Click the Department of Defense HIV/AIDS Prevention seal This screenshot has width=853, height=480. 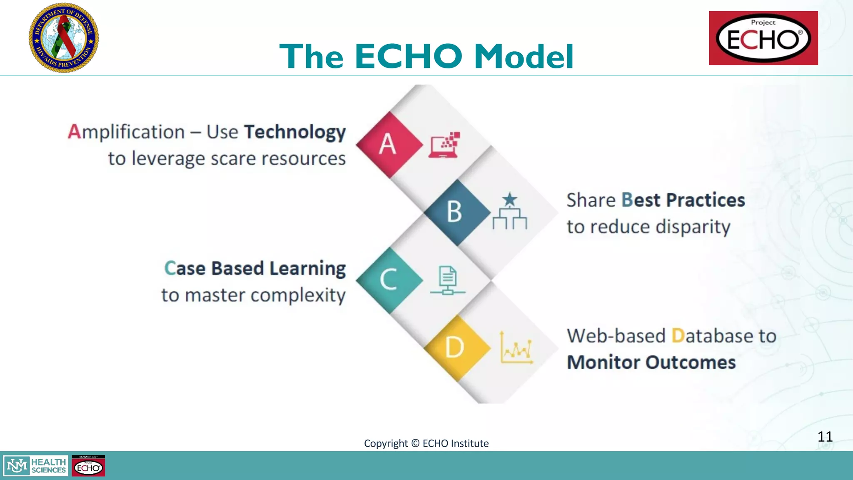point(64,37)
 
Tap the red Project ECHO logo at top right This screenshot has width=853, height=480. point(763,38)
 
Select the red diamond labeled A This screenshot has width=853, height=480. point(389,145)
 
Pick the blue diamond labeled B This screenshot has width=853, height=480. point(456,212)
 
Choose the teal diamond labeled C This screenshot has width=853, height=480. point(389,280)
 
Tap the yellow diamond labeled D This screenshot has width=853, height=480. point(456,347)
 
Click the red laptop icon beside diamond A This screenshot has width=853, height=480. point(444,145)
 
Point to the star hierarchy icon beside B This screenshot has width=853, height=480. point(509,211)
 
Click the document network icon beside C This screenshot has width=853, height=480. point(448,280)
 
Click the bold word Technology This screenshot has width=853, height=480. point(294,132)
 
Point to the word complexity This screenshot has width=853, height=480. point(298,295)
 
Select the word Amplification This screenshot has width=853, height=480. point(126,132)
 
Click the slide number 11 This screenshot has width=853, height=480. point(825,436)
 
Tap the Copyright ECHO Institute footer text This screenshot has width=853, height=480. point(426,443)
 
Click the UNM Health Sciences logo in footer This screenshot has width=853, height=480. point(36,466)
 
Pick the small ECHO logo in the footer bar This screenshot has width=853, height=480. point(88,466)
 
